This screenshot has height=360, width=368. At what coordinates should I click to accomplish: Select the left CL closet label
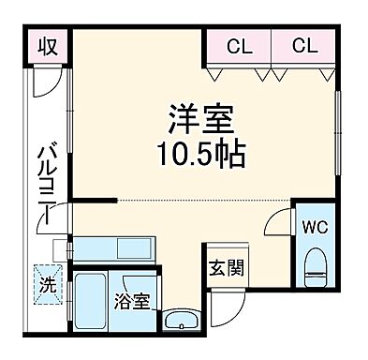coord(239,44)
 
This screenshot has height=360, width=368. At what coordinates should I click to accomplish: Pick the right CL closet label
coord(302,44)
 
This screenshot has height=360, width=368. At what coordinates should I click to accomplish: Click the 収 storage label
coord(49,46)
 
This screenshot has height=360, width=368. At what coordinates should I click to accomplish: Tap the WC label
coord(313,226)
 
